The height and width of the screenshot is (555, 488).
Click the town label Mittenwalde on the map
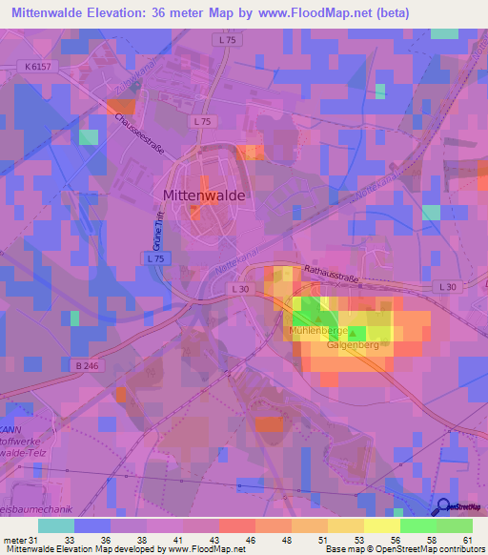pos(204,195)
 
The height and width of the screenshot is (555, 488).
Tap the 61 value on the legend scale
pos(467,539)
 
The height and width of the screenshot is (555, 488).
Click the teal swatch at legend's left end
pos(56,524)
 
